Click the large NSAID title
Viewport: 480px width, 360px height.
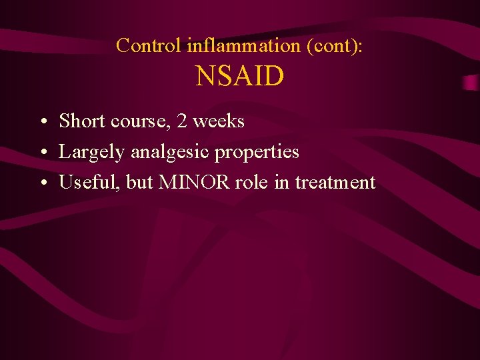[x=240, y=77]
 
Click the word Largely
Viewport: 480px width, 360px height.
[x=92, y=153]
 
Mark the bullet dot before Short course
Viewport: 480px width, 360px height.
[x=42, y=123]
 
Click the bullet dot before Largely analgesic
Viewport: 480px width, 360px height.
[x=42, y=153]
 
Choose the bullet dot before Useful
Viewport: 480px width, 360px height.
[x=42, y=183]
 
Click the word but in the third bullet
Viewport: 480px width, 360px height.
[x=139, y=182]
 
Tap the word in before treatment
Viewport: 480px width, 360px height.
[x=281, y=182]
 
